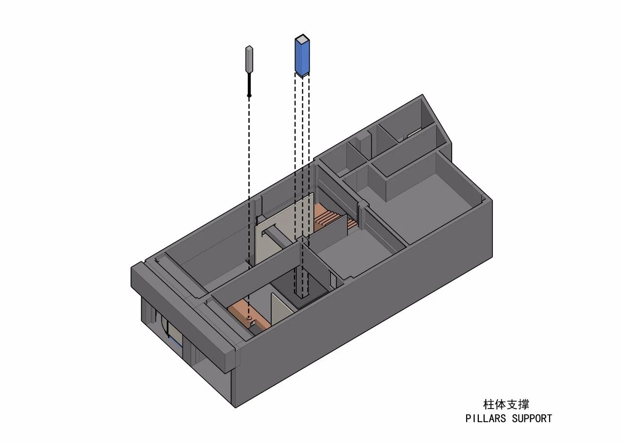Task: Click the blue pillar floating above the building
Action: (302, 56)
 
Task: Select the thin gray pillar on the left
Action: (249, 60)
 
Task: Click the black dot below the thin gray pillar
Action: (249, 96)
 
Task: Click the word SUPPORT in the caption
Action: (532, 418)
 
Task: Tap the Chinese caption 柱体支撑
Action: (506, 405)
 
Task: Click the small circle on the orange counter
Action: (249, 317)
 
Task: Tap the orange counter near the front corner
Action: (247, 315)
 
